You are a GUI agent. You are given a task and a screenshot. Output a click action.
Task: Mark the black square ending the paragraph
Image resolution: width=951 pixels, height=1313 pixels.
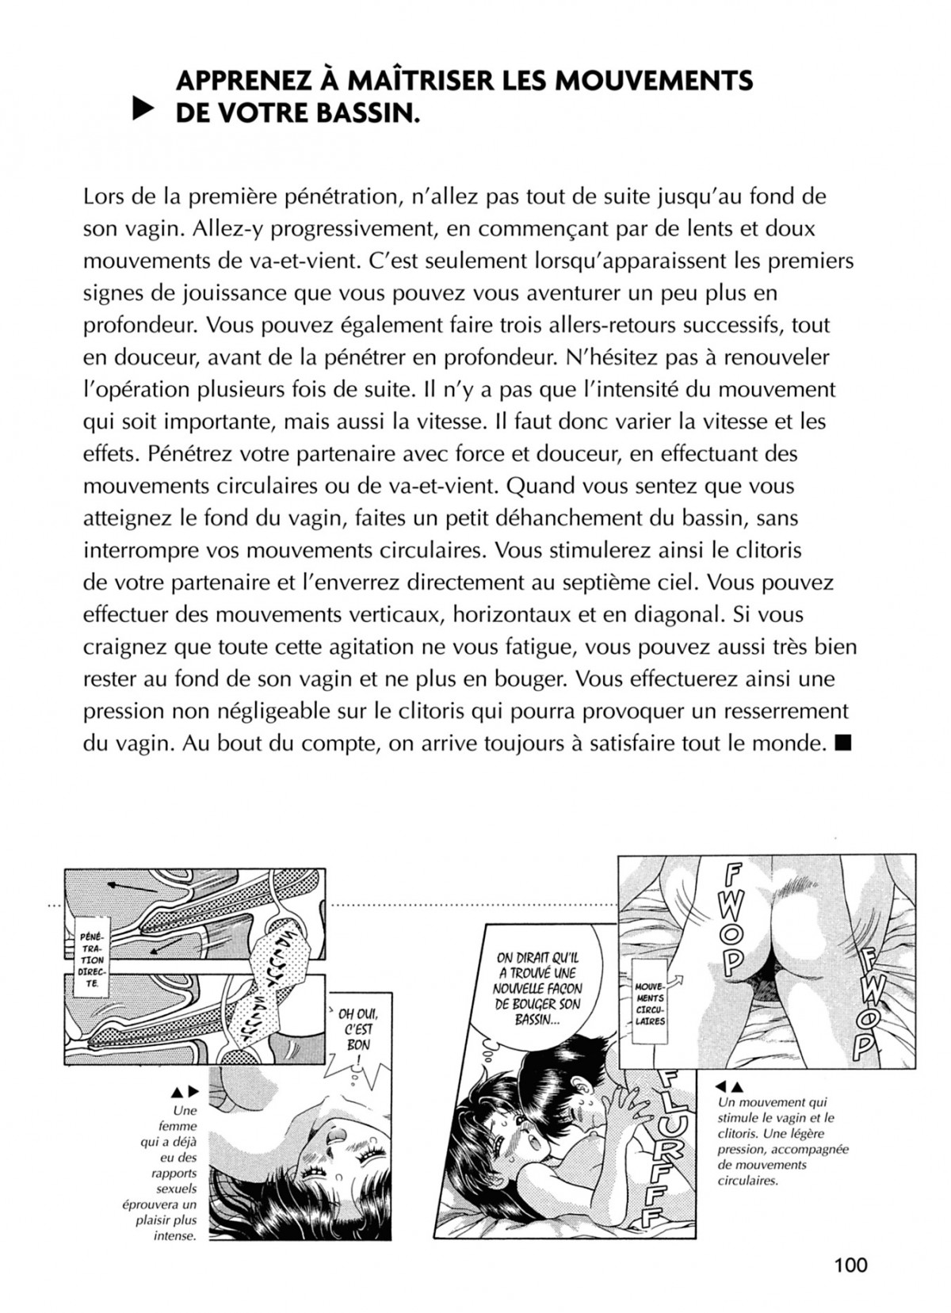coord(842,743)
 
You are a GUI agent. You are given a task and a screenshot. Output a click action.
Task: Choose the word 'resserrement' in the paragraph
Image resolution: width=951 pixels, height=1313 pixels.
coord(784,711)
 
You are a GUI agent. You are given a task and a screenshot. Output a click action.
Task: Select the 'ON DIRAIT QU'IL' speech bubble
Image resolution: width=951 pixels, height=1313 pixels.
coord(537,989)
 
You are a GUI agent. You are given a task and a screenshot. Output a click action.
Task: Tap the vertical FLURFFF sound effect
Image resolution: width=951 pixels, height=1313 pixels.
coord(670,1156)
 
